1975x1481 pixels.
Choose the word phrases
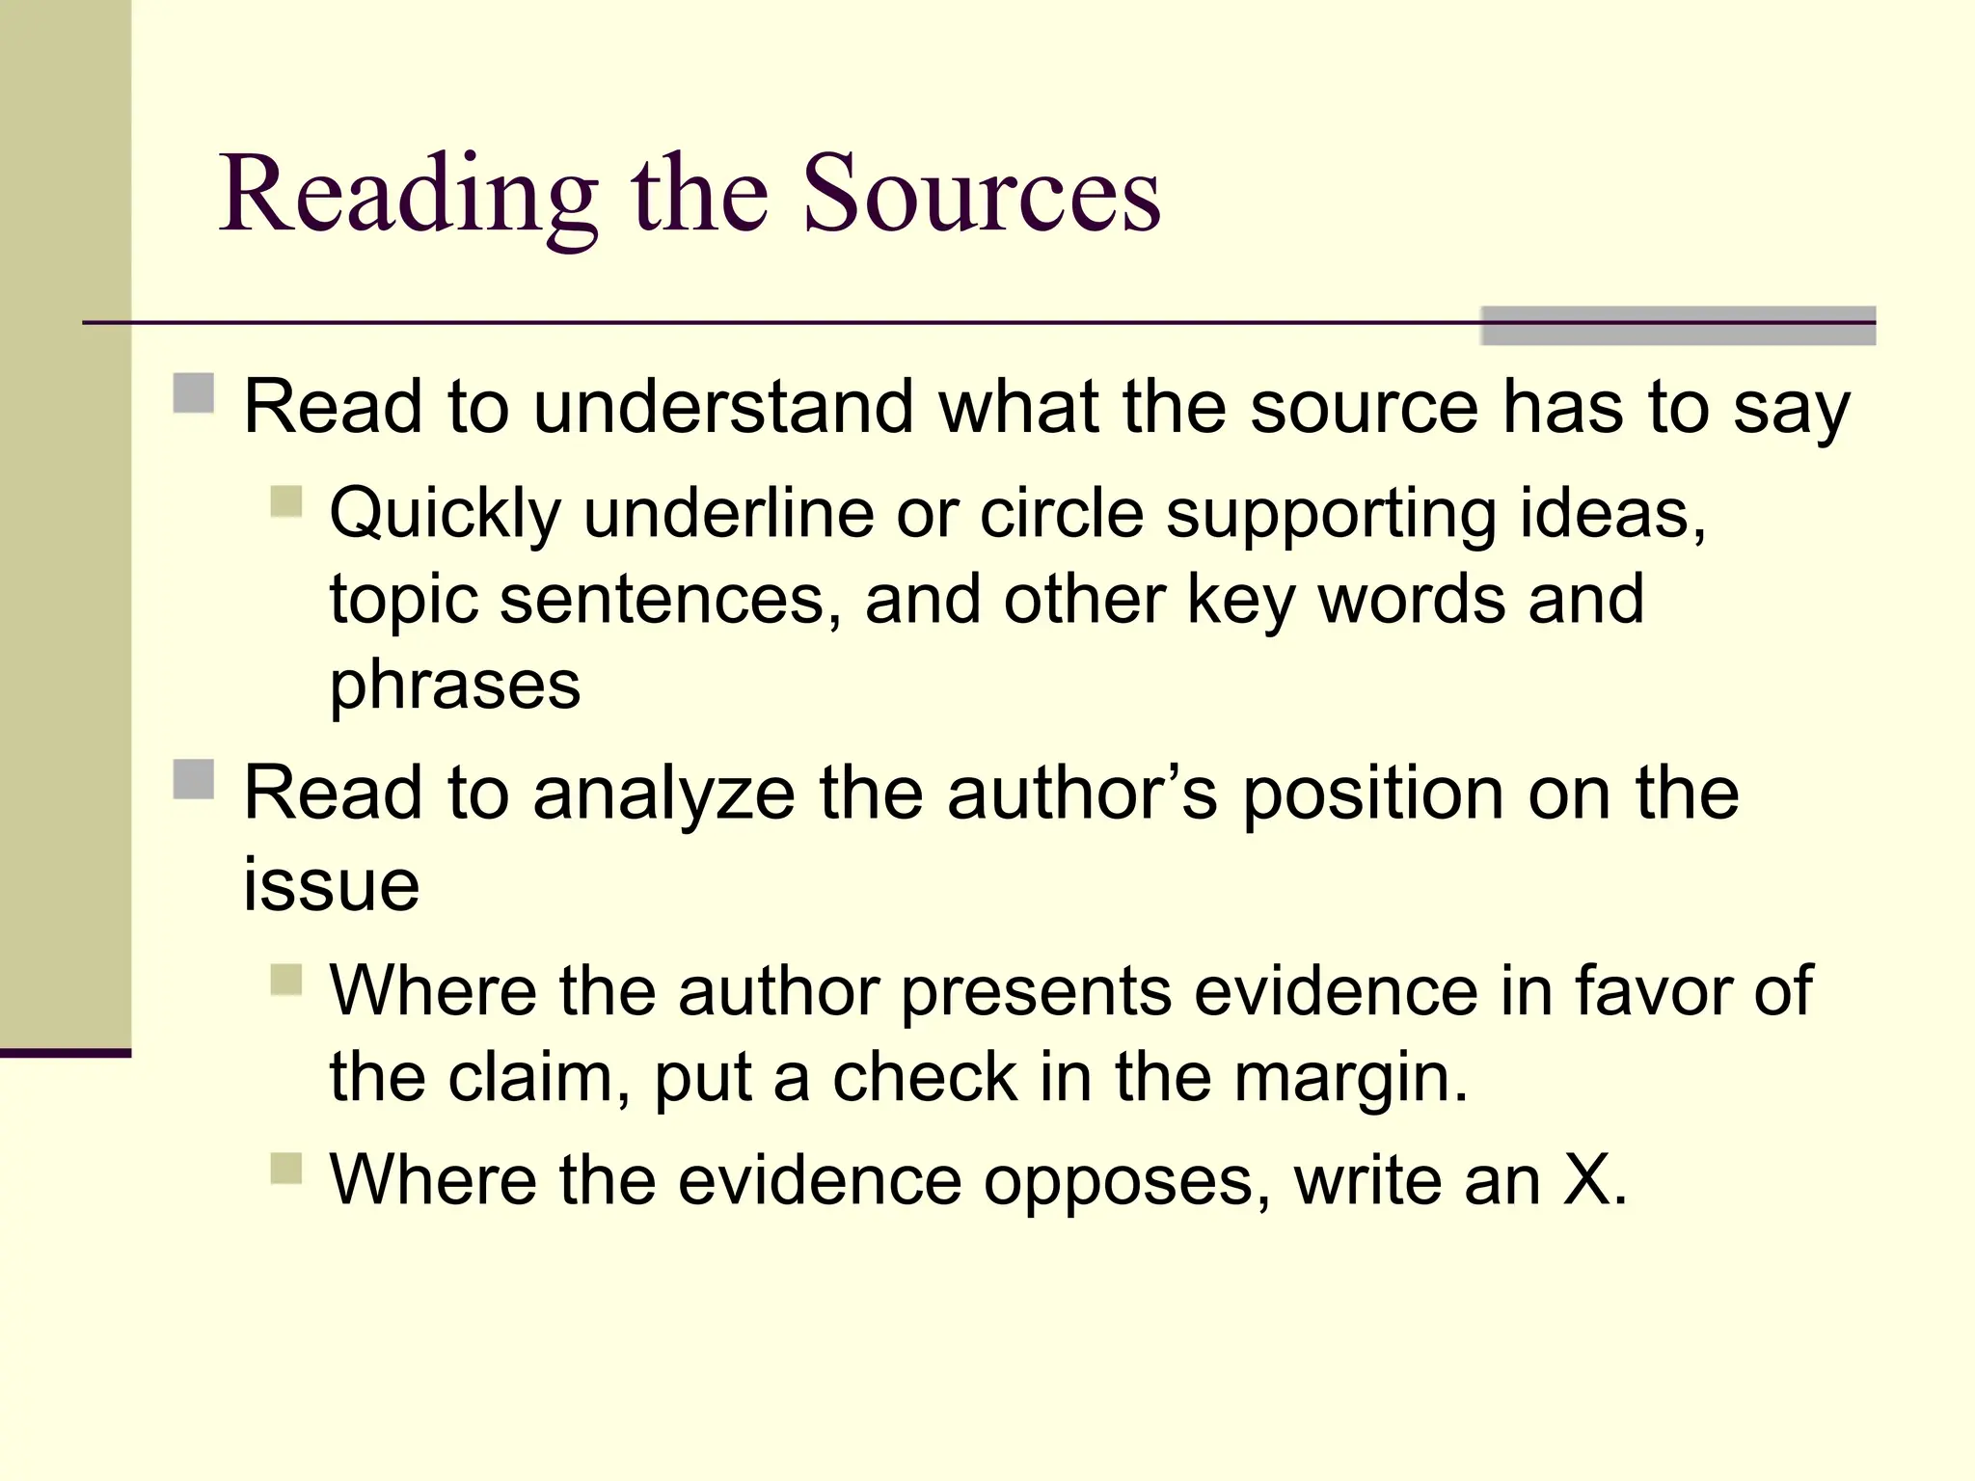click(x=455, y=686)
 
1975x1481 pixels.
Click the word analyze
click(x=664, y=794)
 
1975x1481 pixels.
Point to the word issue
click(x=331, y=884)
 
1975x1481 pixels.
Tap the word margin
click(x=1350, y=1077)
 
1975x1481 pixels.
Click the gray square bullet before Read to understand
click(x=194, y=393)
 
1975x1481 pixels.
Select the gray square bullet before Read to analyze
click(x=194, y=779)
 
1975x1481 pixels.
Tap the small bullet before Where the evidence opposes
click(x=286, y=1169)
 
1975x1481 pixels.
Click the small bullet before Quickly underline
click(x=286, y=501)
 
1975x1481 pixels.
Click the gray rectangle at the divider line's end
click(x=1678, y=326)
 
